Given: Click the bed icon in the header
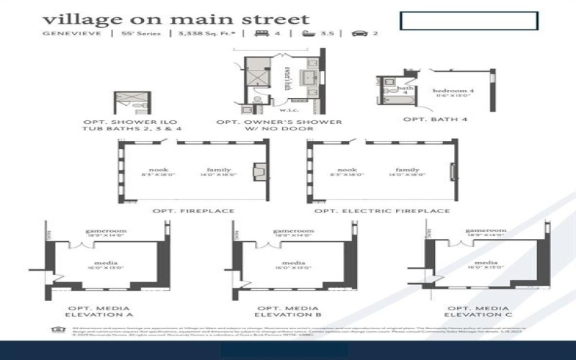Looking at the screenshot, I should coord(257,33).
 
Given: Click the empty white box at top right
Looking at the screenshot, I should coord(468,21).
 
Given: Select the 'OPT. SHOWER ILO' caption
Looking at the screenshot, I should coord(130,122).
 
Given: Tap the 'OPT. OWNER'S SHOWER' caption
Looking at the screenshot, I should coord(279,122).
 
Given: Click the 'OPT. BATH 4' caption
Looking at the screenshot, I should coord(431,119).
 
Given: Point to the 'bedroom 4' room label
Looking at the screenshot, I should coord(453,91).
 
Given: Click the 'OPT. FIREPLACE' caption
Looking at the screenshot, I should coord(193,211).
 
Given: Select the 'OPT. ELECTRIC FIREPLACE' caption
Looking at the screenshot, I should coord(382,211).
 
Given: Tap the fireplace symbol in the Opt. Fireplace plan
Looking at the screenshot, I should coord(257,173).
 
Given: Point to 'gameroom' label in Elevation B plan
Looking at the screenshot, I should coord(292,231).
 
